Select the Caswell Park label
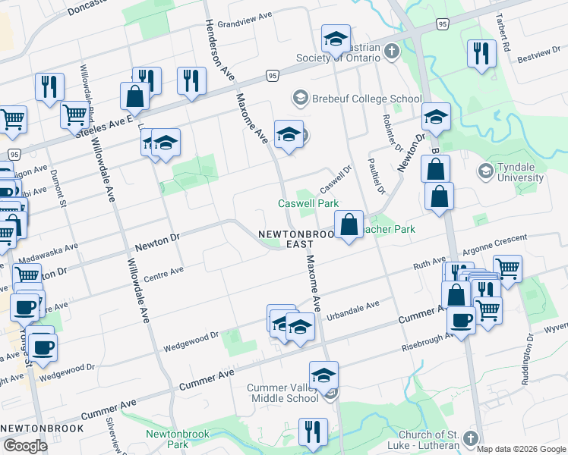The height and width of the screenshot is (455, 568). [308, 203]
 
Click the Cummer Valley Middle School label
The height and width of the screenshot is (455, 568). [282, 393]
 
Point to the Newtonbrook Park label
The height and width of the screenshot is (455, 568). [166, 439]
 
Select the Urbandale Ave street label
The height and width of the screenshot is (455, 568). [352, 309]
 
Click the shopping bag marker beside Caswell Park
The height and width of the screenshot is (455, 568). [349, 224]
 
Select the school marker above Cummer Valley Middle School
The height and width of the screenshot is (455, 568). [324, 374]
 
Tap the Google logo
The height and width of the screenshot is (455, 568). [25, 446]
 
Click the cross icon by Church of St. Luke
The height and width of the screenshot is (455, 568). [471, 438]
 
